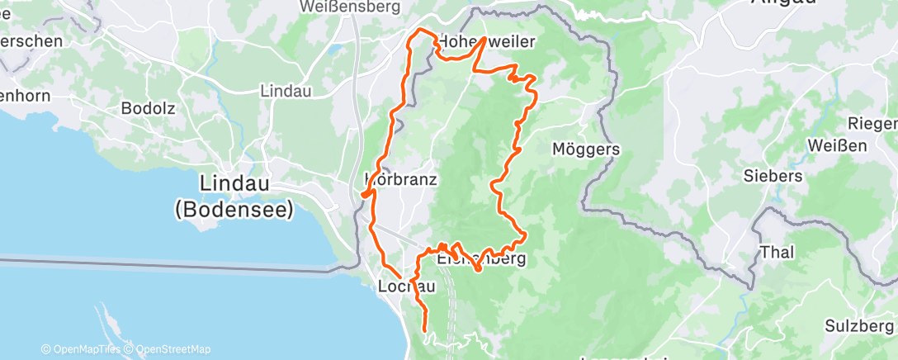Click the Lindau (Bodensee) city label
pyautogui.click(x=234, y=197)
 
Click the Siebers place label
pyautogui.click(x=773, y=176)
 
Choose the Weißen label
pyautogui.click(x=839, y=146)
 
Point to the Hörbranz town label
pyautogui.click(x=401, y=178)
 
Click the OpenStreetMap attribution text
pyautogui.click(x=168, y=349)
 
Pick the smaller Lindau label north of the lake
pyautogui.click(x=285, y=91)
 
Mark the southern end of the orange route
pyautogui.click(x=425, y=330)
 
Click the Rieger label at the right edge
pyautogui.click(x=877, y=124)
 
